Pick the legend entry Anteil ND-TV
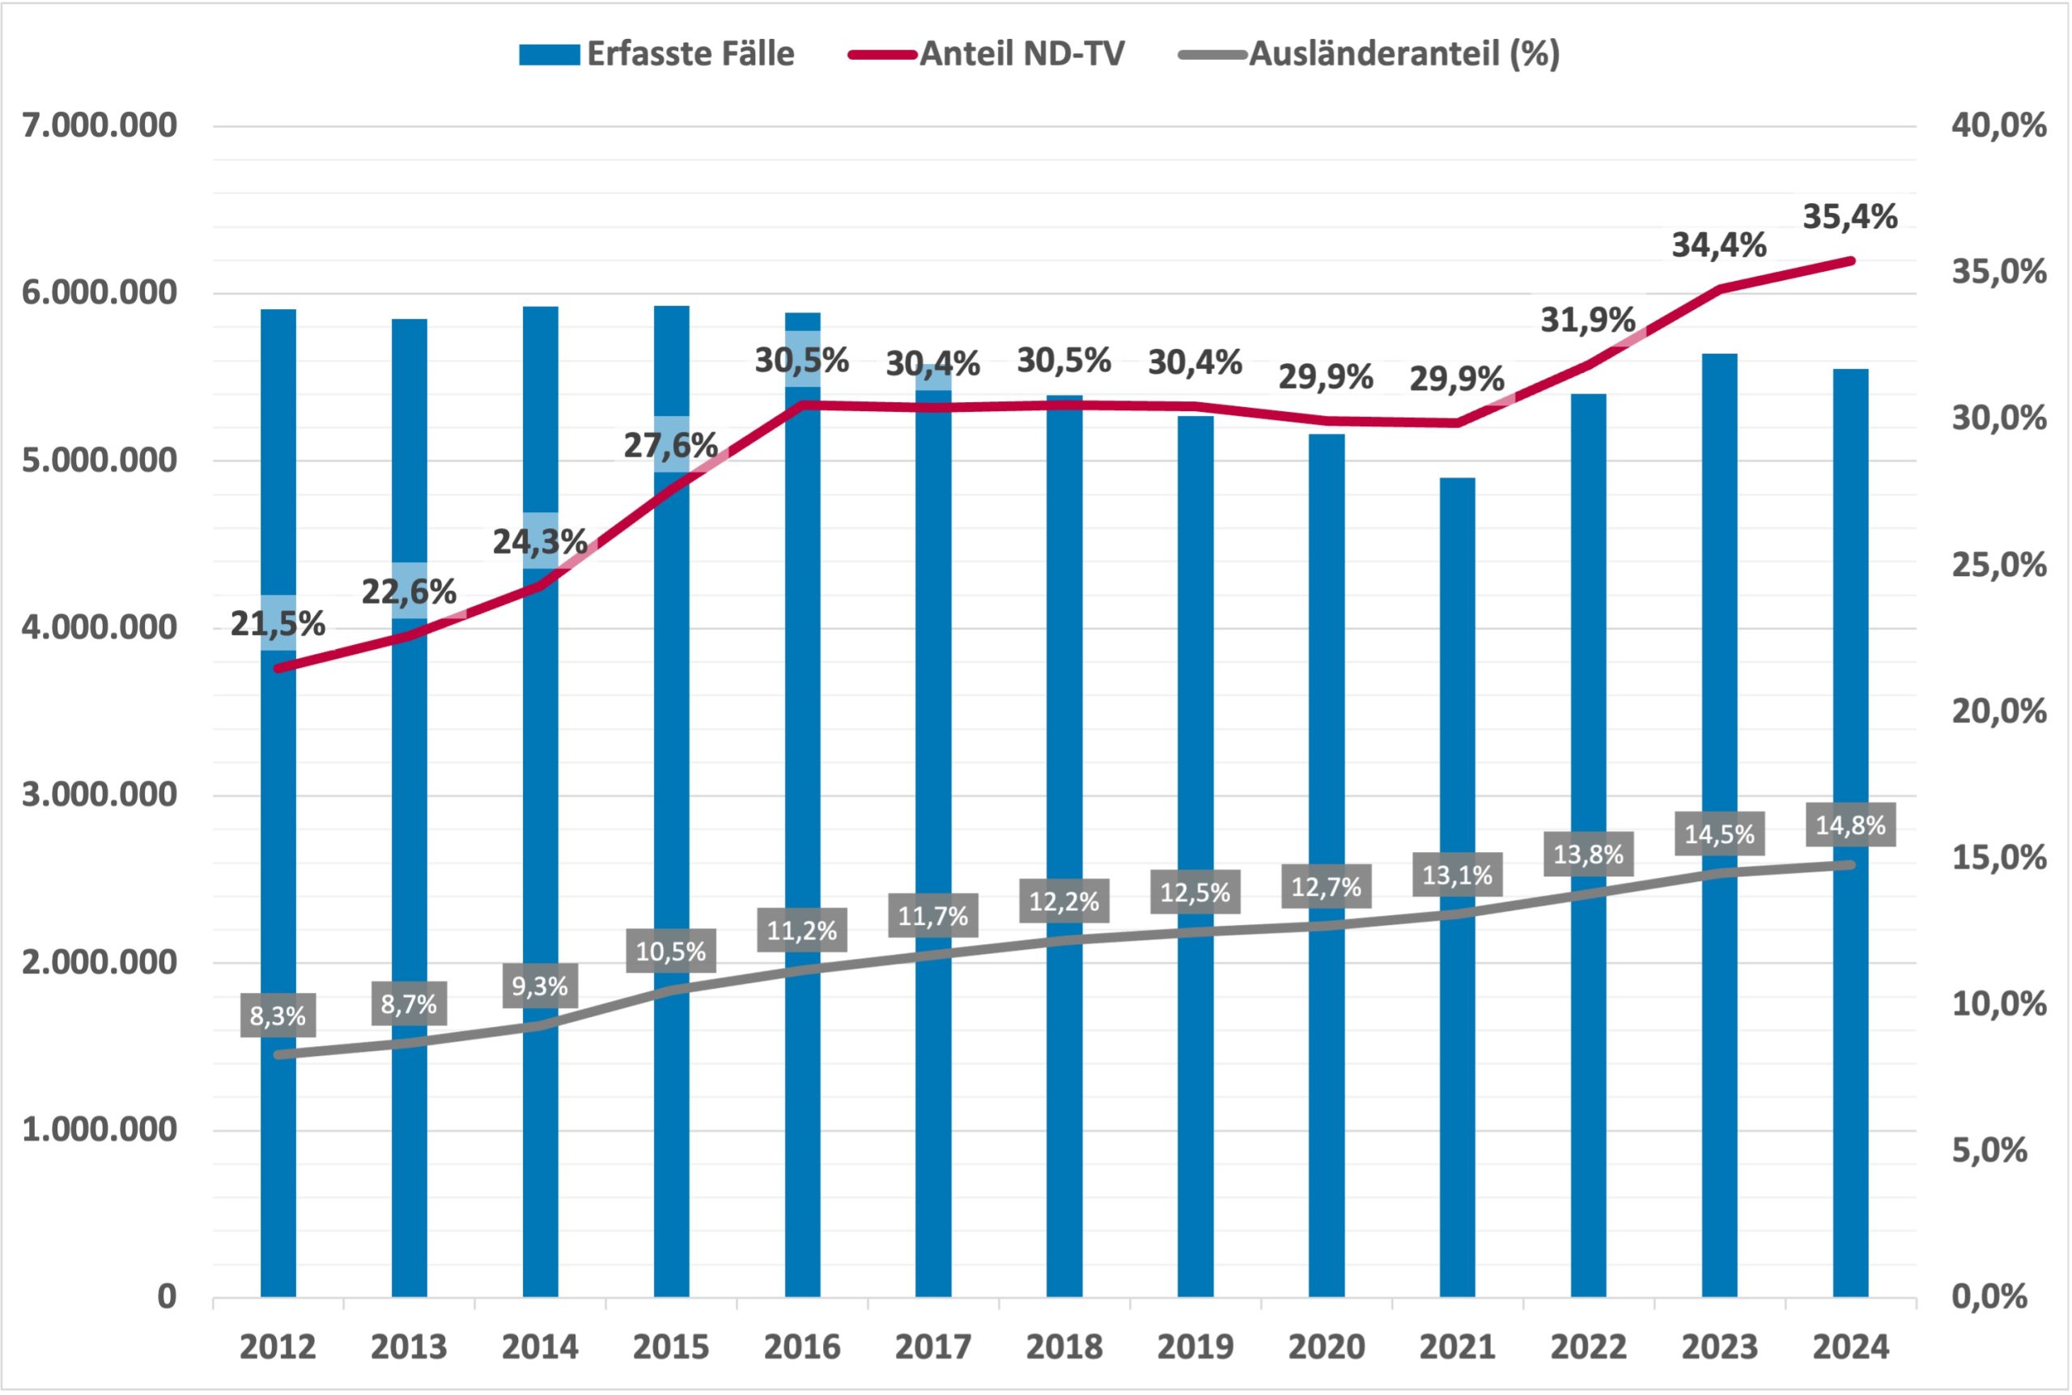point(987,54)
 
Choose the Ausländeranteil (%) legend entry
point(1369,54)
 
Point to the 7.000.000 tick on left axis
point(99,125)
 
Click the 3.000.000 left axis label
point(99,795)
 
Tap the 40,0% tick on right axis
point(1998,125)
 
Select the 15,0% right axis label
point(1998,858)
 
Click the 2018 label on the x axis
point(1064,1347)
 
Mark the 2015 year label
point(671,1347)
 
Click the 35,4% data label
point(1849,217)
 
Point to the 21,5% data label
point(278,625)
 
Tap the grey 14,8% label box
point(1849,825)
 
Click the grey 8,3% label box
point(278,1016)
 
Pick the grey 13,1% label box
point(1456,876)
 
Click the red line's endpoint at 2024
point(1850,261)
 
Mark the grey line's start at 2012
point(278,1054)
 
